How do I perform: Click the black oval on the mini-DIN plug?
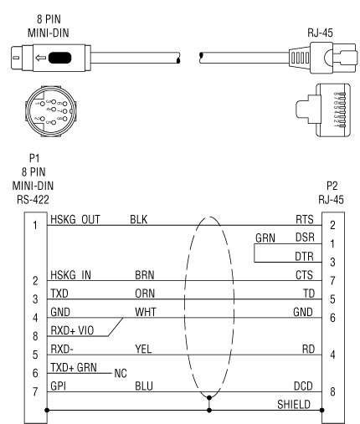point(59,58)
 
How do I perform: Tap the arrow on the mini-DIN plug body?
point(41,58)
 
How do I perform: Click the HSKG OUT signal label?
point(75,220)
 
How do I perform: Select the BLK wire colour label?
point(139,220)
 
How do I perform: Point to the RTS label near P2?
point(305,220)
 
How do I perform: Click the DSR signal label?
point(305,238)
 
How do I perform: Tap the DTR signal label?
point(304,256)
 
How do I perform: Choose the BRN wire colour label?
point(145,275)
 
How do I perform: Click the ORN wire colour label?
point(145,294)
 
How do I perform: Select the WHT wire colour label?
point(146,312)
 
